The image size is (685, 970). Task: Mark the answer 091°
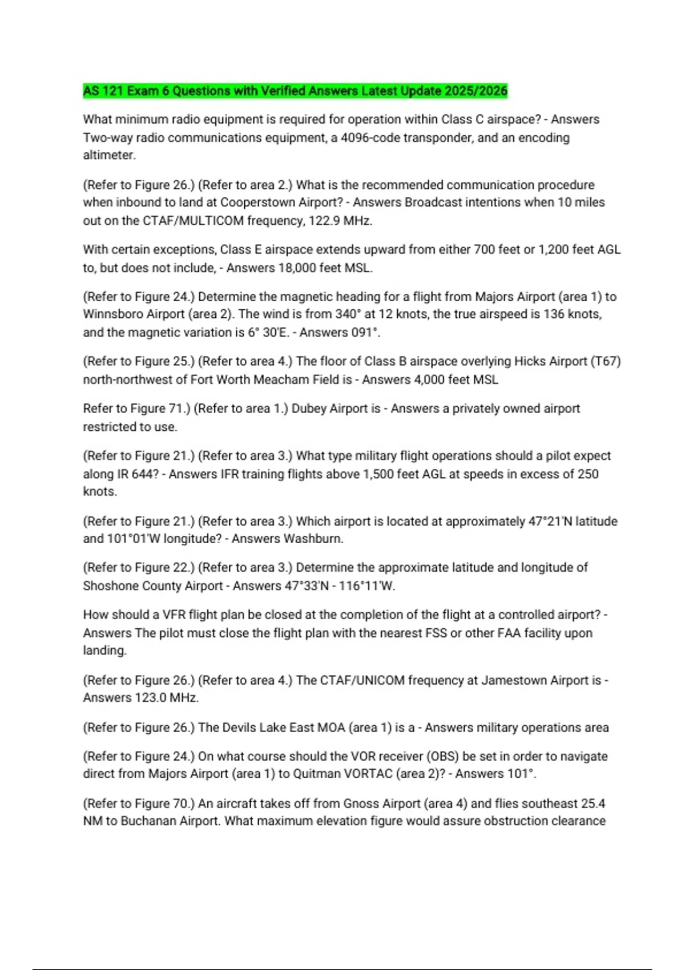pyautogui.click(x=366, y=332)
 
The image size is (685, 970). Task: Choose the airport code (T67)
pyautogui.click(x=607, y=361)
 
